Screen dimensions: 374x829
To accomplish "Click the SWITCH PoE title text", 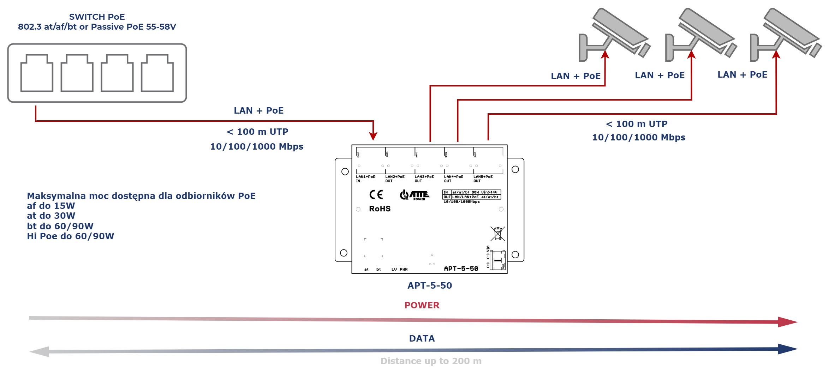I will point(97,17).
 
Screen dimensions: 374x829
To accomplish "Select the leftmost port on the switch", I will point(37,73).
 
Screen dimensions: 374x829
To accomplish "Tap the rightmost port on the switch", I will point(157,73).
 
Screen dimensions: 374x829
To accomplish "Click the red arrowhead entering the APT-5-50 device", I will point(373,136).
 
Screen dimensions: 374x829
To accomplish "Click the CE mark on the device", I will point(376,194).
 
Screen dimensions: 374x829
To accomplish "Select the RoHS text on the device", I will point(380,209).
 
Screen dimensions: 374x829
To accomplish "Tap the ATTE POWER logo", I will point(415,195).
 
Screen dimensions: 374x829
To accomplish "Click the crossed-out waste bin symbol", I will point(497,234).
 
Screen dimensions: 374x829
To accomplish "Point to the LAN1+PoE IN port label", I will point(365,179).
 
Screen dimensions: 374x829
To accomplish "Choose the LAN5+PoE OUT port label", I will point(483,179).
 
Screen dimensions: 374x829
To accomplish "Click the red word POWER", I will point(422,305).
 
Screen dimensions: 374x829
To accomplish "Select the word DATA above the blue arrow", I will point(422,338).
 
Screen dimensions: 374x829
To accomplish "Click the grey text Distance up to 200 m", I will point(431,361).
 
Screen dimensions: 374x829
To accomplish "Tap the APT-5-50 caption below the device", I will point(430,285).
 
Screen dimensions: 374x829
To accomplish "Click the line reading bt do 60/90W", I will point(60,226).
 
